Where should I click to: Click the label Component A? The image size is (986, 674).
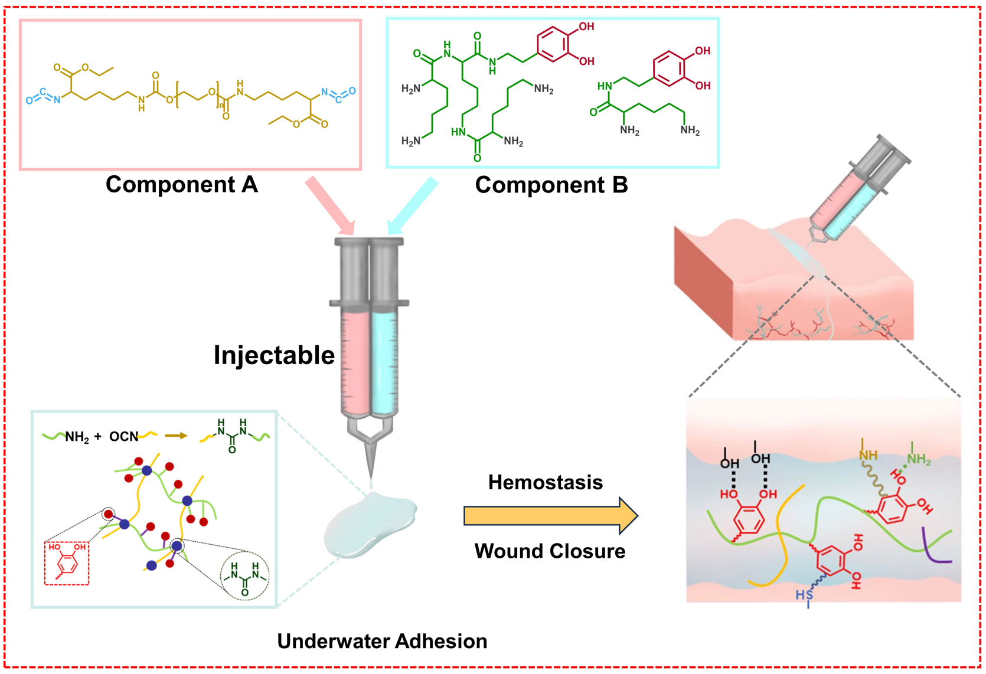pyautogui.click(x=182, y=185)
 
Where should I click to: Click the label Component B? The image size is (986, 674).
pyautogui.click(x=551, y=185)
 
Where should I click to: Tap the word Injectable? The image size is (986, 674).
pyautogui.click(x=274, y=355)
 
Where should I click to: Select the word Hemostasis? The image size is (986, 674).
pyautogui.click(x=545, y=482)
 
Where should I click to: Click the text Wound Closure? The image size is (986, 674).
pyautogui.click(x=550, y=551)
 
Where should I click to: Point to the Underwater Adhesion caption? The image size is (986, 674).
pyautogui.click(x=382, y=641)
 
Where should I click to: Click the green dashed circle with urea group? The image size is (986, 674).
pyautogui.click(x=244, y=575)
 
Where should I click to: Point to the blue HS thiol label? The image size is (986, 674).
pyautogui.click(x=804, y=595)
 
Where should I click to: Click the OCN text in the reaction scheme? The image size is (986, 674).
pyautogui.click(x=123, y=437)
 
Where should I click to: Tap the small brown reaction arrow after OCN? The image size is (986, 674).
pyautogui.click(x=175, y=436)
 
